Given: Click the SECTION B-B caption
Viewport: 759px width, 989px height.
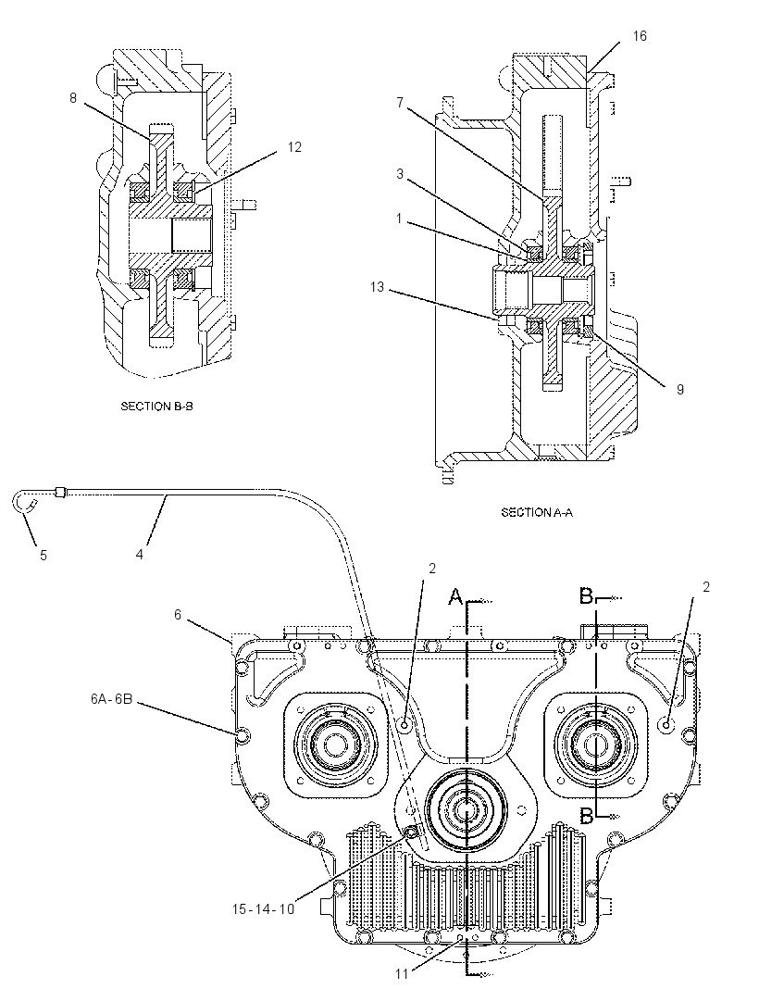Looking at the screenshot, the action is (x=156, y=407).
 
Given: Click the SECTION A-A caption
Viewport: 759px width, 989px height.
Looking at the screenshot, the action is (x=537, y=512).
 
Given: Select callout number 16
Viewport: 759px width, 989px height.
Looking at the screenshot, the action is (x=640, y=36).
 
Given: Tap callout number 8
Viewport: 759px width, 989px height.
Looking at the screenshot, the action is (x=73, y=98).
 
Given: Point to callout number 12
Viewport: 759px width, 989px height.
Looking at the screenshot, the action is (x=294, y=147).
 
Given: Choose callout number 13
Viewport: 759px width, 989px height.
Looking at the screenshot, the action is (x=377, y=287).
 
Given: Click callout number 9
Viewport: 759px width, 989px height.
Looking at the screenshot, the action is (x=680, y=390).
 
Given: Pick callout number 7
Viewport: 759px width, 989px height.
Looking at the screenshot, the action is (x=400, y=102).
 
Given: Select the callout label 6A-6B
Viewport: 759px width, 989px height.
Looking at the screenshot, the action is (x=111, y=699).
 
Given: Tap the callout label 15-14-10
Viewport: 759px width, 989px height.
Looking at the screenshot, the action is (x=263, y=908).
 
